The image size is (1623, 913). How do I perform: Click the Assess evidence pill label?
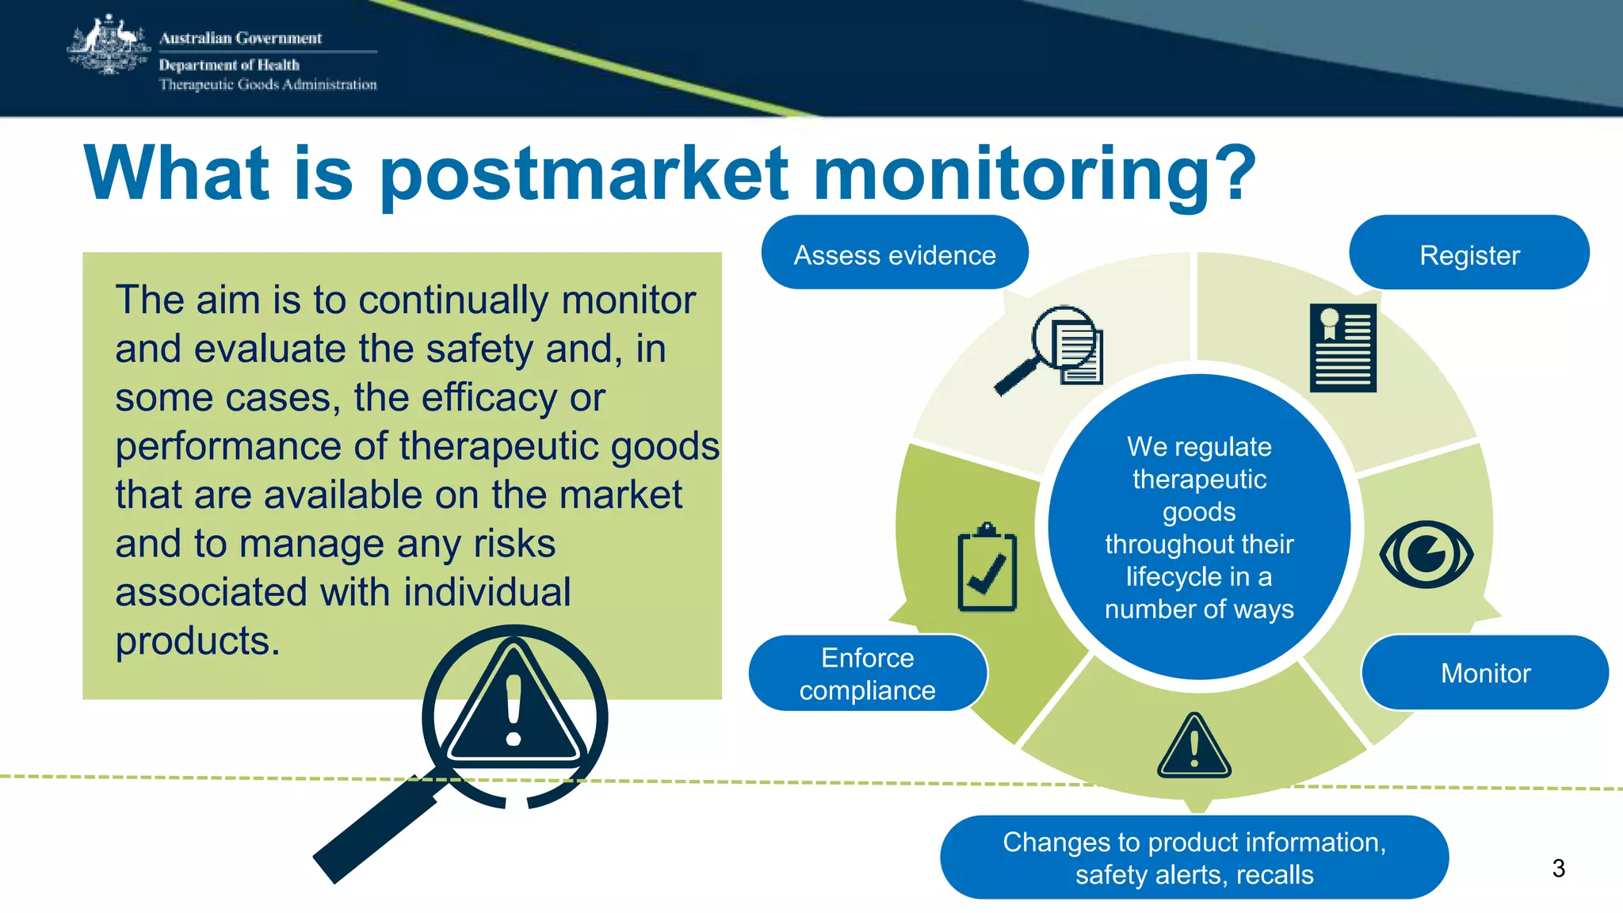[x=895, y=254]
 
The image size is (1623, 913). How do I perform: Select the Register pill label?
[x=1469, y=254]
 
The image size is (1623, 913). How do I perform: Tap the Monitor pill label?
[x=1485, y=673]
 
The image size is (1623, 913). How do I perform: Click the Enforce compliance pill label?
[x=867, y=674]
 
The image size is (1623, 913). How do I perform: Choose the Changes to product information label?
[x=1194, y=858]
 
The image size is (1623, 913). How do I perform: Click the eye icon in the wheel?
[x=1426, y=554]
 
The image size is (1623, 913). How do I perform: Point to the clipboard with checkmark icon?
[x=987, y=569]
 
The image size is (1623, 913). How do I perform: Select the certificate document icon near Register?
[x=1342, y=348]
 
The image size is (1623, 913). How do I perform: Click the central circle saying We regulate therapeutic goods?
[x=1199, y=527]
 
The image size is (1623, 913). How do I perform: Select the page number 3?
[x=1558, y=869]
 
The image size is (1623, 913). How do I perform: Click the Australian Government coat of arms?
[x=109, y=46]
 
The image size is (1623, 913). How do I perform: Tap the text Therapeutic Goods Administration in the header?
[x=268, y=85]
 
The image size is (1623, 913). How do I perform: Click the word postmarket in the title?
[x=584, y=174]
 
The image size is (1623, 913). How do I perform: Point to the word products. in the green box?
[x=197, y=641]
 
